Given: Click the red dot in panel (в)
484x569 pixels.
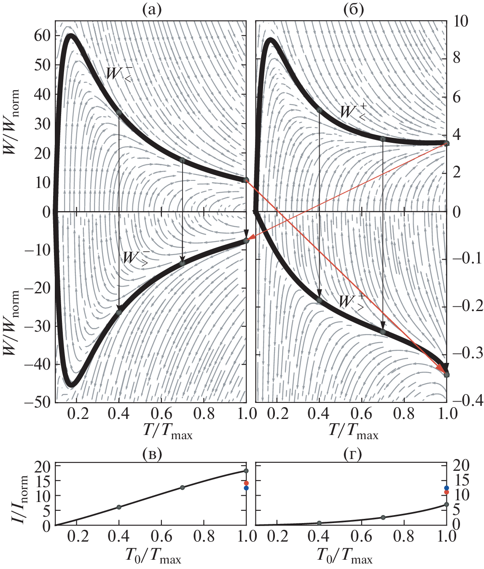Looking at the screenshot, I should [246, 483].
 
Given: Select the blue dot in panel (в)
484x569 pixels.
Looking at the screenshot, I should [246, 488].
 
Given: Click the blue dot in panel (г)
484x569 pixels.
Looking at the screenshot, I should [447, 488].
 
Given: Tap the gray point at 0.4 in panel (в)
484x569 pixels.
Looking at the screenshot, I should [119, 507].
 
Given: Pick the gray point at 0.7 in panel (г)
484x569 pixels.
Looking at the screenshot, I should [383, 518].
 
